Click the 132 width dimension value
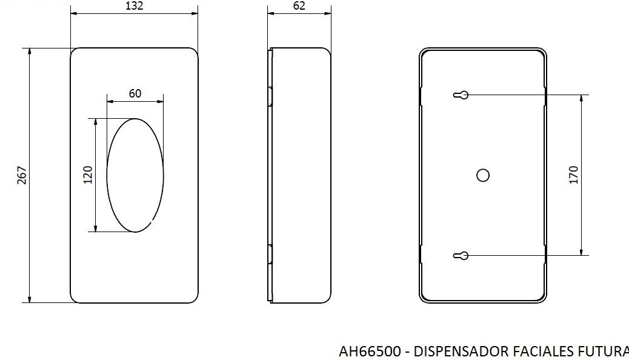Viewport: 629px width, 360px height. [135, 5]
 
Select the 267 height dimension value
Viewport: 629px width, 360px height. [22, 175]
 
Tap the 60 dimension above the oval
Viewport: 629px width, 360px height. [135, 93]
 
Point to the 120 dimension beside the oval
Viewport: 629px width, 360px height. [88, 175]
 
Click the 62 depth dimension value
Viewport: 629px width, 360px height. [299, 5]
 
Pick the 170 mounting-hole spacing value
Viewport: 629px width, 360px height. [574, 175]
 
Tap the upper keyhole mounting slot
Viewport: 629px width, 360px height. [461, 95]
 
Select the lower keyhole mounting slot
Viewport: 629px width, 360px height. [461, 256]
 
